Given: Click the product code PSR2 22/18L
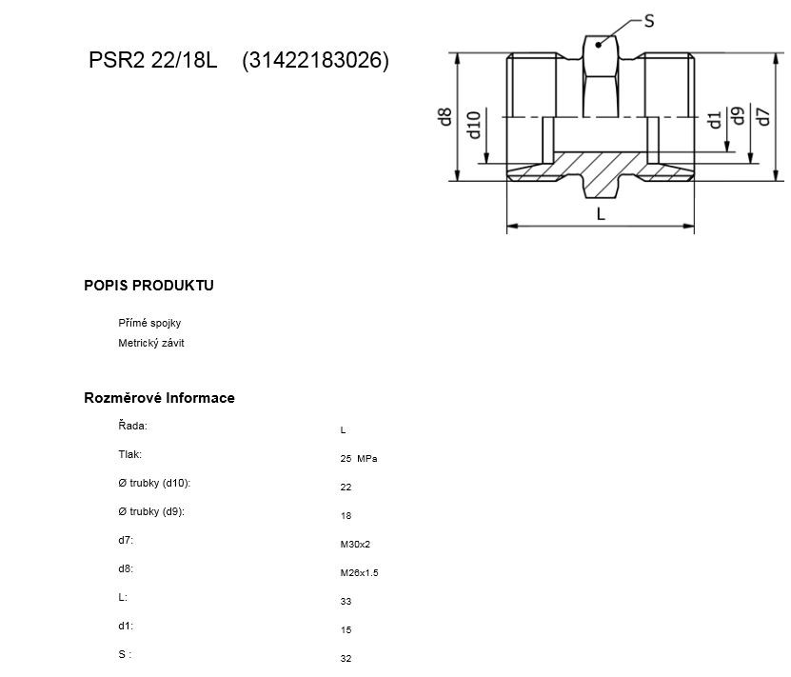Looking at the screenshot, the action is (x=153, y=60).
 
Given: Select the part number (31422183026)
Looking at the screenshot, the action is (x=315, y=61).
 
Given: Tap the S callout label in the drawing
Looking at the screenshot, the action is (x=649, y=21).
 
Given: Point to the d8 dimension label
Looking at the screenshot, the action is (x=445, y=116).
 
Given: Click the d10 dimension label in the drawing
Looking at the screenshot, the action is (x=474, y=125).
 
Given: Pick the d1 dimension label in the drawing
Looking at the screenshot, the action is (x=714, y=121).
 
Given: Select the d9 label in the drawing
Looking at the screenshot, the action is (x=738, y=116).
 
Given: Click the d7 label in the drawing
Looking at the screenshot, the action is (x=763, y=116).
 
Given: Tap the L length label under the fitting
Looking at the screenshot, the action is (x=601, y=214).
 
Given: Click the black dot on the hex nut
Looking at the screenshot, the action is (x=599, y=45).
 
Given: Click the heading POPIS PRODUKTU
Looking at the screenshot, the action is (x=148, y=286).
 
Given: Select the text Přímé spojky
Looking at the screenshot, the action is (x=149, y=323).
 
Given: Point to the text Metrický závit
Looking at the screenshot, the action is (x=150, y=343).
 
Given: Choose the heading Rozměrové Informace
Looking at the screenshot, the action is (x=159, y=398).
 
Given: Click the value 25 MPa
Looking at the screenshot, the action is (x=359, y=459).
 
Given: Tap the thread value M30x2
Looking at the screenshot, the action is (x=355, y=545).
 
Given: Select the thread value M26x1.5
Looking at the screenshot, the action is (x=359, y=573).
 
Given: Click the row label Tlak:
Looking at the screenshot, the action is (x=130, y=454).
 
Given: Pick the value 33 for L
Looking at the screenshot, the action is (x=346, y=602).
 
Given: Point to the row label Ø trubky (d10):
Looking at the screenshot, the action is (x=154, y=484).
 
